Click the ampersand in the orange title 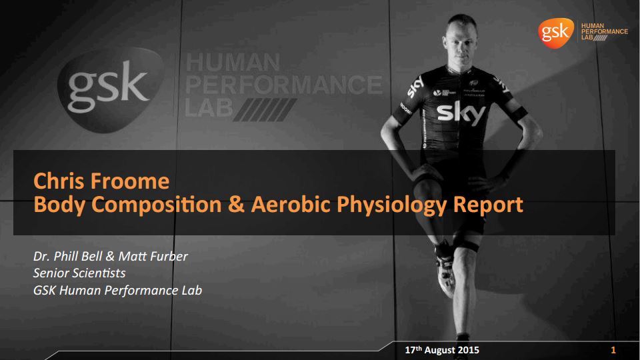237,204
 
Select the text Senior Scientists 79,273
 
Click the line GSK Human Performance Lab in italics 117,291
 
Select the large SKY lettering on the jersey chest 461,114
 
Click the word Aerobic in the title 291,204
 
